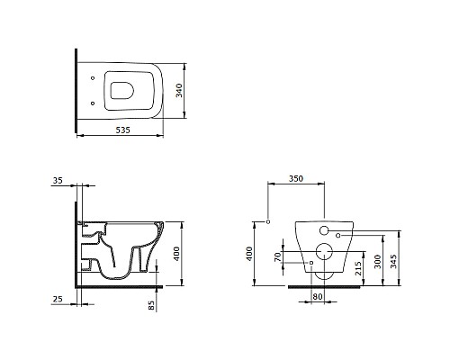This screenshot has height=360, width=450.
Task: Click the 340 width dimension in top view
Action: [179, 90]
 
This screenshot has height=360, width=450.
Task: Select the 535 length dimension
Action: [123, 130]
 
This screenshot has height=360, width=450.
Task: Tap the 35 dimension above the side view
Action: [58, 181]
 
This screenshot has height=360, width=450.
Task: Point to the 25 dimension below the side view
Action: [58, 299]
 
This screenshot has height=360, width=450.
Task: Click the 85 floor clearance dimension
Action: [151, 305]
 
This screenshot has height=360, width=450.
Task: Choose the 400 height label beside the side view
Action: [176, 254]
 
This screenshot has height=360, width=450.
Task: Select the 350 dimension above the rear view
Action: [296, 178]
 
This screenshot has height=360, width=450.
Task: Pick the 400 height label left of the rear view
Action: [249, 254]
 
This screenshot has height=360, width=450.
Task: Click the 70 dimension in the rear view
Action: [278, 256]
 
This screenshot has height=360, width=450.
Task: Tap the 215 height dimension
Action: [358, 268]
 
